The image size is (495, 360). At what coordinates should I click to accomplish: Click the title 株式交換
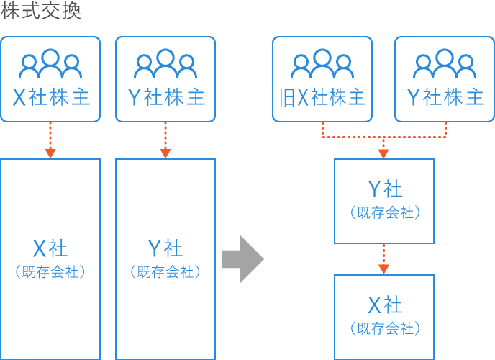coord(41,12)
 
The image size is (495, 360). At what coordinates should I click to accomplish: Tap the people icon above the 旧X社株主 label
coord(322,64)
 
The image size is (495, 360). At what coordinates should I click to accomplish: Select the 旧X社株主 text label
coord(322,98)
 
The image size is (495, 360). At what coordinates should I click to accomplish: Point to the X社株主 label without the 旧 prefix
coord(50,98)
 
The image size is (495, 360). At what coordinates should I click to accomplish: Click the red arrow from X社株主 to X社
coord(50,140)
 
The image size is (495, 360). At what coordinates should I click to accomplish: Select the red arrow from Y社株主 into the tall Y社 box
coord(165,140)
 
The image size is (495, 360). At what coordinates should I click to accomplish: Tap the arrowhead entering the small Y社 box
coord(383,153)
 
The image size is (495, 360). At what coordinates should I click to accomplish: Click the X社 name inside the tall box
coord(50,249)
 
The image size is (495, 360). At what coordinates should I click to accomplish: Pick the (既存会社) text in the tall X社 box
coord(50,272)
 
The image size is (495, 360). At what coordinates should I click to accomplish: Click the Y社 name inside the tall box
coord(165,249)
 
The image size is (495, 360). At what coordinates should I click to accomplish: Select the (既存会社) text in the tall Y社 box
coord(165,272)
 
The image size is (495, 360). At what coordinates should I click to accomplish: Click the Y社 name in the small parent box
coord(385,189)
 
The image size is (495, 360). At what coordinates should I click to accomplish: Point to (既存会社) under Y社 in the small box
coord(385,212)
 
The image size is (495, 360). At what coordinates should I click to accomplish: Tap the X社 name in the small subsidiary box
coord(385,305)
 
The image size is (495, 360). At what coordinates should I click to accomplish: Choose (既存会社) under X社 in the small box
coord(385,328)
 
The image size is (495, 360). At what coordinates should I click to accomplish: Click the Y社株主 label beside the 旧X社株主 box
coord(445,98)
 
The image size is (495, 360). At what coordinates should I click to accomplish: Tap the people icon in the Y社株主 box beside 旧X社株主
coord(445,64)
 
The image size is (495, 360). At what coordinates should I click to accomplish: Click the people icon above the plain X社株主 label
coord(50,64)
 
